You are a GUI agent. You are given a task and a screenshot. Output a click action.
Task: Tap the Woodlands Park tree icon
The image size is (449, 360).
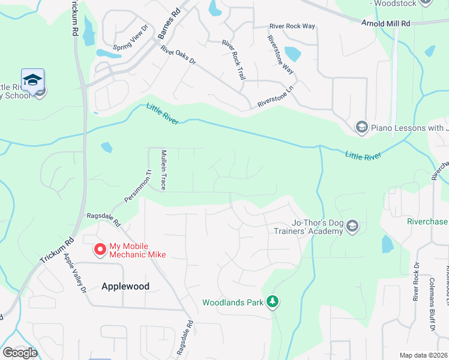(x=273, y=302)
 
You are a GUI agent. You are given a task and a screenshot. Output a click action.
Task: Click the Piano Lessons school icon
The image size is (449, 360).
(x=361, y=127)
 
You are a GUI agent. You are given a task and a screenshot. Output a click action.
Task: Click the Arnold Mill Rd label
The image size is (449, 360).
(x=385, y=23)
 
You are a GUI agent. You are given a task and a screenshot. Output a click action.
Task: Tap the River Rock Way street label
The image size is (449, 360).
(x=292, y=26)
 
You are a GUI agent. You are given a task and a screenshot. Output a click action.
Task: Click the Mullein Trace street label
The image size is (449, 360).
(x=163, y=170)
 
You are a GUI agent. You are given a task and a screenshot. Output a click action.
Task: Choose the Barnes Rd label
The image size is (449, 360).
(x=169, y=25)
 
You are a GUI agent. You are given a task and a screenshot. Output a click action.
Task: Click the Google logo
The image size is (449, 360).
(x=20, y=352)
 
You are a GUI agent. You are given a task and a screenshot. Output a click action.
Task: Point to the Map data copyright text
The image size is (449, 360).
(x=423, y=355)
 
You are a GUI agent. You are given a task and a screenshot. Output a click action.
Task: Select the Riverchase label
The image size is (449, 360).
(x=427, y=221)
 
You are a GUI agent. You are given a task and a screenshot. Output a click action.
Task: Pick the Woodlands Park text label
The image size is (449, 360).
(x=233, y=302)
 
